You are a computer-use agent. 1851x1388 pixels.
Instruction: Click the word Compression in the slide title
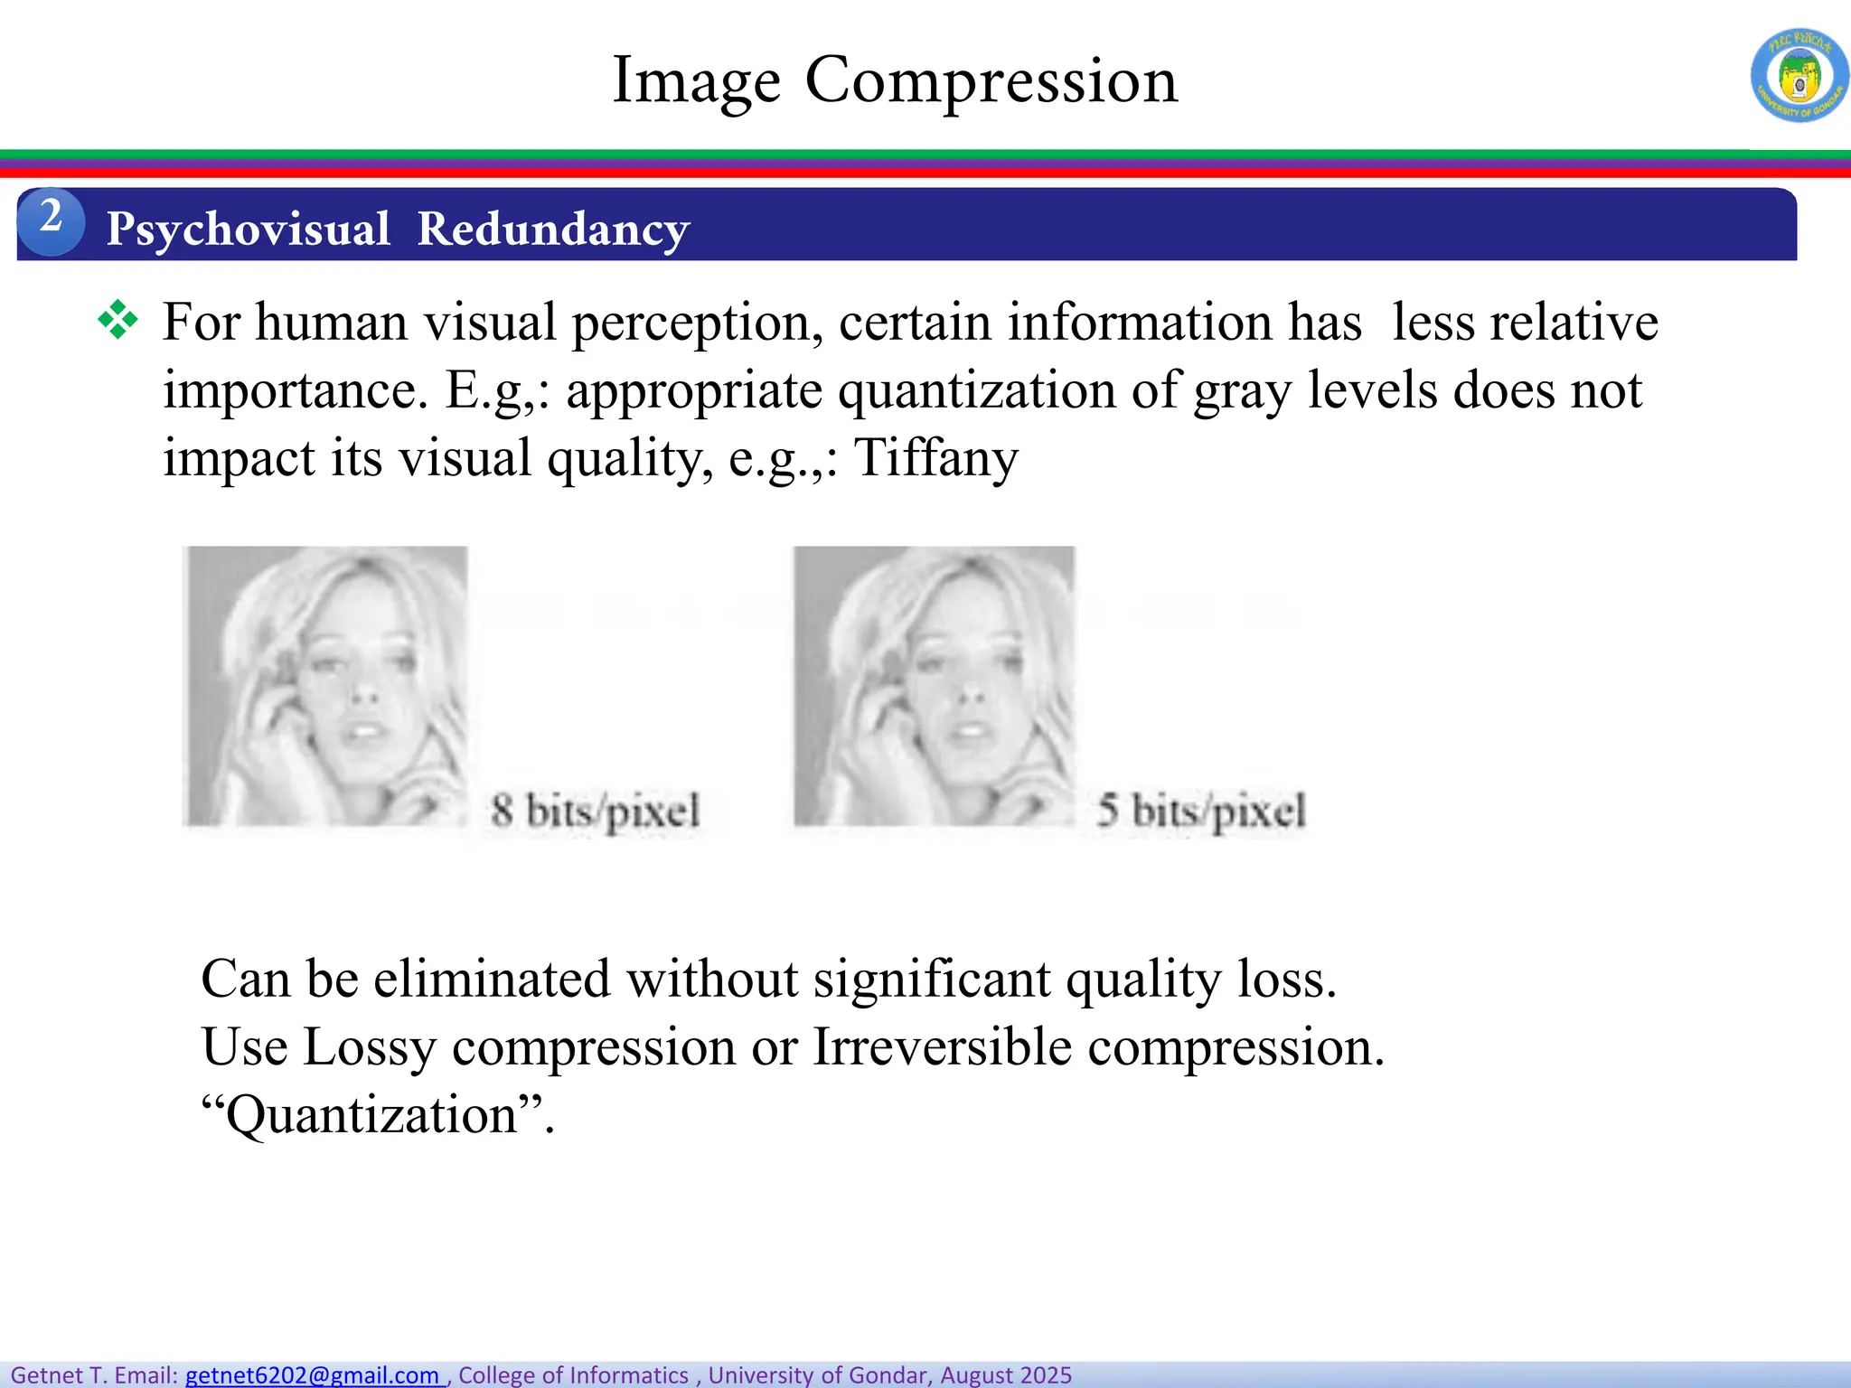(x=991, y=81)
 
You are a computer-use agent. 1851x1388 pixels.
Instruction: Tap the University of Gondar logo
(x=1799, y=76)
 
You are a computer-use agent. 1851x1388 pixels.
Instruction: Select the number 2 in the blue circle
(x=51, y=218)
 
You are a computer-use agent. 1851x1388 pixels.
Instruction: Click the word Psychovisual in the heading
(x=249, y=230)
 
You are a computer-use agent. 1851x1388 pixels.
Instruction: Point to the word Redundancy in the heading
(x=553, y=230)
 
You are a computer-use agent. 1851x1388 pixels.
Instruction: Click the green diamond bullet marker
(x=118, y=320)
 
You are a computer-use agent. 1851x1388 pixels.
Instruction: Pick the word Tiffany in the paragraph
(x=935, y=457)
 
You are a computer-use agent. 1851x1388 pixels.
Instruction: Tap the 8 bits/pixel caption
(x=596, y=810)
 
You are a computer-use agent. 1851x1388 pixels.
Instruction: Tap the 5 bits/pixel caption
(x=1201, y=810)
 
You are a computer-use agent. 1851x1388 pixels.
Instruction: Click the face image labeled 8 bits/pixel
(x=325, y=687)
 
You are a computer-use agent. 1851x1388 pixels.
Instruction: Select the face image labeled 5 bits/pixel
(x=934, y=687)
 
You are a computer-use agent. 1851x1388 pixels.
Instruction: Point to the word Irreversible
(x=943, y=1047)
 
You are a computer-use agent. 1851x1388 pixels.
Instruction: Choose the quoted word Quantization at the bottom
(x=371, y=1115)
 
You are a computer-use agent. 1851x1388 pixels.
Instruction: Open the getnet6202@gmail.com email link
(x=313, y=1375)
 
